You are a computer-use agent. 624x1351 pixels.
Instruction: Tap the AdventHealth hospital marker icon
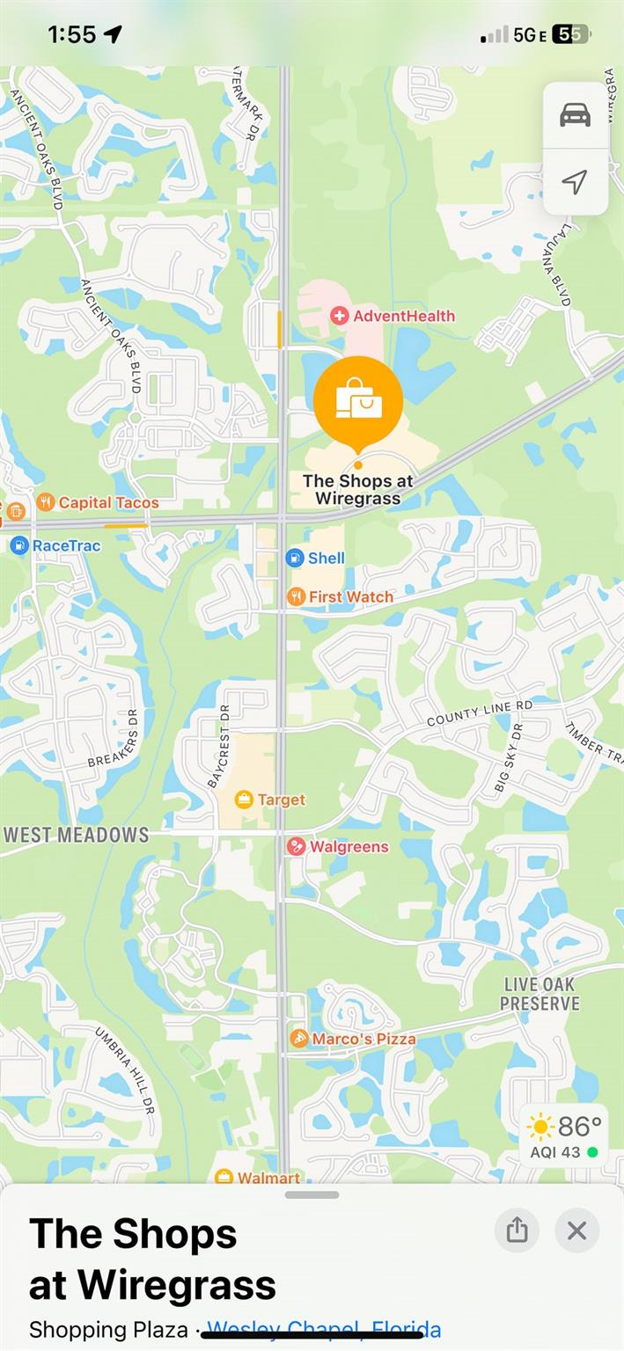tap(339, 315)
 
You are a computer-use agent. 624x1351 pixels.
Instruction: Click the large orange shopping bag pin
tap(358, 401)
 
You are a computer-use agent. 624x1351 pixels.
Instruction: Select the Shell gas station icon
tap(295, 557)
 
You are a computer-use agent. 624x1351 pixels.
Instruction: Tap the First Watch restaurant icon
tap(296, 596)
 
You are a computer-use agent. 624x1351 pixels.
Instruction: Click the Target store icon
tap(244, 800)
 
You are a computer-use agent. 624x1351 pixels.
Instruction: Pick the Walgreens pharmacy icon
tap(297, 846)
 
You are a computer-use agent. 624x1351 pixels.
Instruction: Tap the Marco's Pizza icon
tap(299, 1039)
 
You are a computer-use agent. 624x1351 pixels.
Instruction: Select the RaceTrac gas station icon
tap(19, 545)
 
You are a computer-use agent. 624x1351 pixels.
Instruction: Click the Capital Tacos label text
tap(109, 503)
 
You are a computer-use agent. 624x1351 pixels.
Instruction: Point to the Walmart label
tap(268, 1178)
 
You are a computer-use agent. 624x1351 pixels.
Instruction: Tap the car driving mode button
tap(575, 115)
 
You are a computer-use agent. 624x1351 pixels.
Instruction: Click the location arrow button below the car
tap(575, 182)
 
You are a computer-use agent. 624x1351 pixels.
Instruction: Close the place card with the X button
tap(576, 1231)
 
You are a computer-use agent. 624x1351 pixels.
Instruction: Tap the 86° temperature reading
tap(579, 1126)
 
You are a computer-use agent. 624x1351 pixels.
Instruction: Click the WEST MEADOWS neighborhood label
tap(77, 835)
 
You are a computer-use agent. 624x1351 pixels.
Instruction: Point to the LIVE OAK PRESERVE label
tap(540, 994)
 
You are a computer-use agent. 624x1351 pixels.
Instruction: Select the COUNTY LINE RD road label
tap(480, 714)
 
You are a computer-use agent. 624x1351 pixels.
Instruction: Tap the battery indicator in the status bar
tap(570, 34)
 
